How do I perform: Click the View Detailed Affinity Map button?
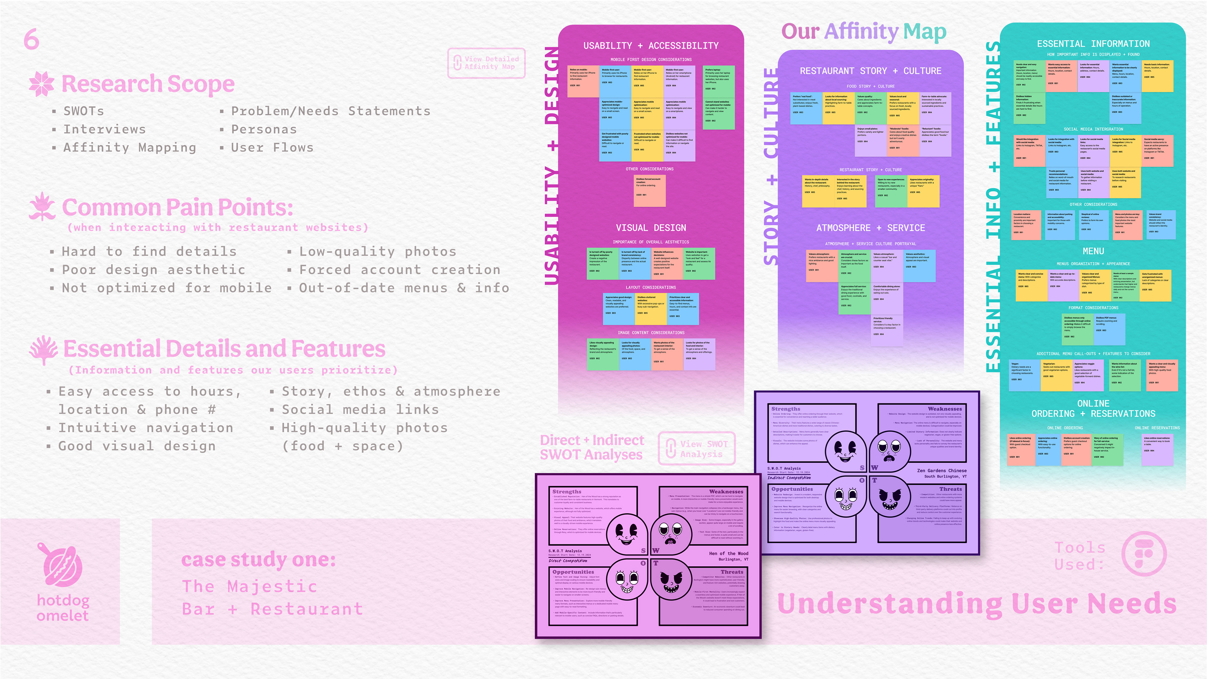[x=486, y=63]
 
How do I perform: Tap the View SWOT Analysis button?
[x=697, y=449]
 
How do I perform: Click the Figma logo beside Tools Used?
[x=1144, y=554]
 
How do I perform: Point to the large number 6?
[x=31, y=39]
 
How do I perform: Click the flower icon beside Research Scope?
[x=42, y=84]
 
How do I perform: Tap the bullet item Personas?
[x=264, y=129]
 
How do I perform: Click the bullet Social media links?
[x=360, y=410]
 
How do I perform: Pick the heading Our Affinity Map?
[x=863, y=32]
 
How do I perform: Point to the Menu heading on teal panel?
[x=1093, y=251]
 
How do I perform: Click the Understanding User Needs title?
[x=977, y=604]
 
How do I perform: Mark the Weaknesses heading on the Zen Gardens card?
[x=945, y=409]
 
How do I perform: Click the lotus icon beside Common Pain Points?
[x=42, y=206]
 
